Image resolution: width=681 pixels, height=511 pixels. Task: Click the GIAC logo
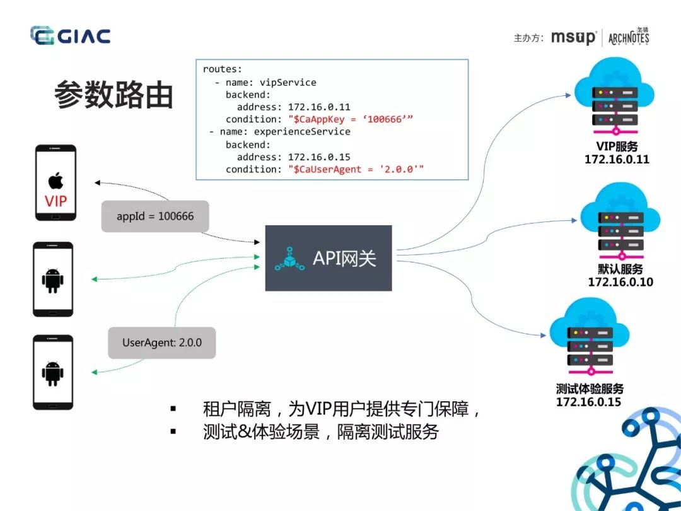coord(71,35)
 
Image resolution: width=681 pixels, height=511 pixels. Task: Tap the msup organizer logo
coord(573,37)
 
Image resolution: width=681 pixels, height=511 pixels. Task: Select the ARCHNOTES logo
coord(629,37)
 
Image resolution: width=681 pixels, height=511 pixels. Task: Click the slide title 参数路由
coord(113,94)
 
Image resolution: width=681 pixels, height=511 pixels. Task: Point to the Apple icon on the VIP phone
coord(55,180)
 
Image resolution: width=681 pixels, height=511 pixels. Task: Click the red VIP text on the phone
coord(56,202)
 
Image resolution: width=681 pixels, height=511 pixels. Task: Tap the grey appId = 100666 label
coord(155,216)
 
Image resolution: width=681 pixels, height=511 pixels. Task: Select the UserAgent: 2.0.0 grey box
coord(162,343)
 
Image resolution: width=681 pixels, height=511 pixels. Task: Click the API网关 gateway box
coord(329,258)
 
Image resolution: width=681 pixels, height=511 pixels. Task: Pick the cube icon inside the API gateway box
coord(289,259)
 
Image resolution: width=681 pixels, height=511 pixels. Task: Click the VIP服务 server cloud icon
coord(614,97)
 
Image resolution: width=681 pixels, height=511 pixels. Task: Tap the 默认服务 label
coord(620,269)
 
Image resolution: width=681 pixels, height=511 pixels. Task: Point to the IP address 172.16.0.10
coord(620,282)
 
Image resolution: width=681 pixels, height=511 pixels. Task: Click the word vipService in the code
coord(288,83)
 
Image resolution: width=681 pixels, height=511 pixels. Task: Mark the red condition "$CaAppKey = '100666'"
coord(351,119)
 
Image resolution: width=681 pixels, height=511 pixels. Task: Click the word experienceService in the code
coord(302,132)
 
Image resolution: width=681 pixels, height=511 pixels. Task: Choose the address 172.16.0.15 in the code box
coord(319,157)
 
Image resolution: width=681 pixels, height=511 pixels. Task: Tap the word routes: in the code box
coord(223,69)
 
